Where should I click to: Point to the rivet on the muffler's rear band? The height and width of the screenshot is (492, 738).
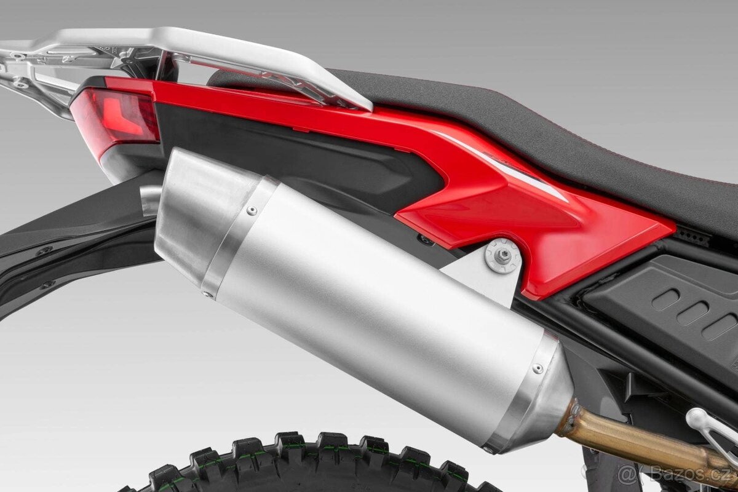coord(252,210)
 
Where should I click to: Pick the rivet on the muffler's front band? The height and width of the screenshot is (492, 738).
coord(538,368)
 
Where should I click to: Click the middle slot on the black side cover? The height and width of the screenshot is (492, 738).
coord(692,312)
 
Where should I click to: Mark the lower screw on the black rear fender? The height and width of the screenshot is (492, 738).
coord(47,285)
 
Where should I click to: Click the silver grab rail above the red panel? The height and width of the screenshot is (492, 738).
coord(246,61)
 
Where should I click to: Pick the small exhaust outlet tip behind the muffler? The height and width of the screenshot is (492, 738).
coord(149,200)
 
